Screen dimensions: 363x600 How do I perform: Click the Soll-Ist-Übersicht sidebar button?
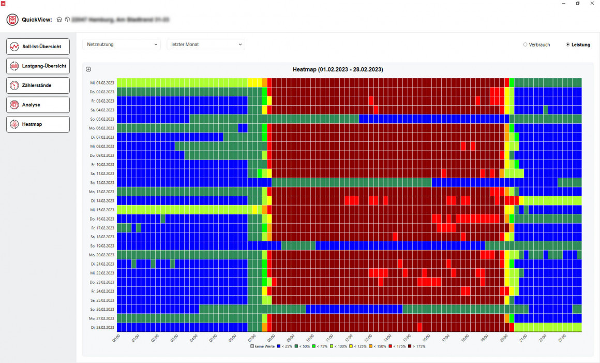point(38,46)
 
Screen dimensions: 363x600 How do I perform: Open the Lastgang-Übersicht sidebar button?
point(38,66)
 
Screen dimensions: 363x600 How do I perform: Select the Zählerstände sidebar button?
point(38,85)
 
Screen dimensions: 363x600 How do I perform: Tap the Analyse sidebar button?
point(38,105)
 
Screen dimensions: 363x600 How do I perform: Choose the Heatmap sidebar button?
point(38,124)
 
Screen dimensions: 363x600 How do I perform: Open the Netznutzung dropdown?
point(122,45)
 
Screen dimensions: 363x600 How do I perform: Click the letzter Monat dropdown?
point(206,45)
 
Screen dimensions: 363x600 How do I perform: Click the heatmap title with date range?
point(338,69)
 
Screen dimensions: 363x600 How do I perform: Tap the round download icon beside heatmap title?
point(88,69)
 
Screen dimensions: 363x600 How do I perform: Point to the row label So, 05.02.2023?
point(101,119)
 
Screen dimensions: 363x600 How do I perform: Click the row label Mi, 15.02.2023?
point(101,209)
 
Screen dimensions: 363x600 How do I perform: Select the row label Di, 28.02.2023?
point(101,327)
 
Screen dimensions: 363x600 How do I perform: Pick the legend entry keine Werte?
point(262,346)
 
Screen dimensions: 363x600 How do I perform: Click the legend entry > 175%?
point(416,346)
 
